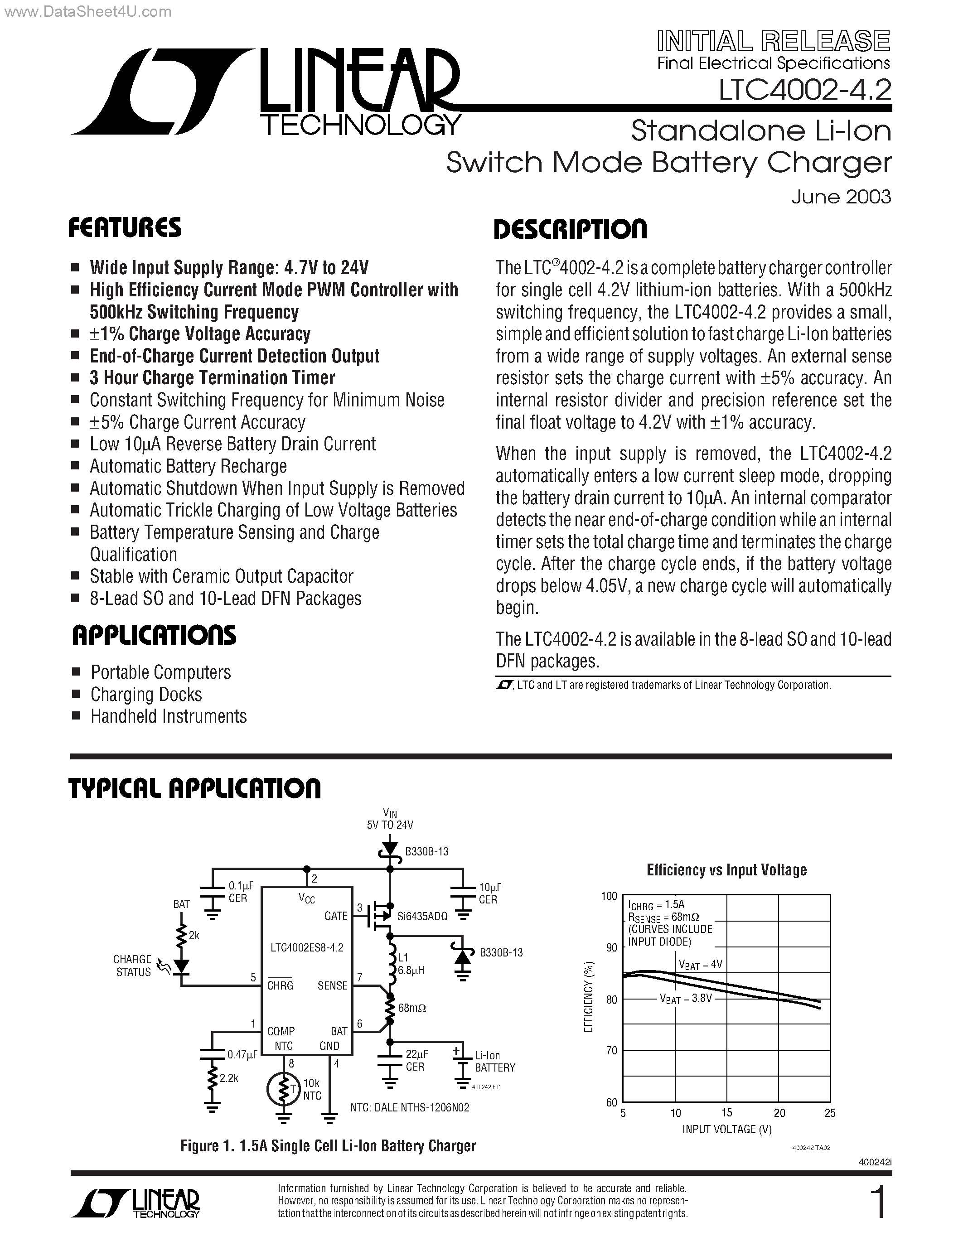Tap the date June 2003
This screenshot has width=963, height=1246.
[x=841, y=197]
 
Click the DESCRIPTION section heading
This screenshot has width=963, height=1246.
[x=570, y=229]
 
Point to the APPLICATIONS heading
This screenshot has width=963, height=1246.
[x=154, y=636]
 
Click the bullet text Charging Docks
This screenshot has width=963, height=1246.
[x=146, y=694]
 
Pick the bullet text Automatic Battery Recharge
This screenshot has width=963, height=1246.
[x=188, y=466]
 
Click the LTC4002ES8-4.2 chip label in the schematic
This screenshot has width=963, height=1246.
[x=307, y=947]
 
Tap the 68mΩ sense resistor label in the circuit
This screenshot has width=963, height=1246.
[x=412, y=1008]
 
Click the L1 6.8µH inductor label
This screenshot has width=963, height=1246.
[x=411, y=964]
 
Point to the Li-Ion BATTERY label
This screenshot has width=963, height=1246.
[x=494, y=1062]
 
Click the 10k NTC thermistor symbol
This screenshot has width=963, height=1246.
[x=282, y=1090]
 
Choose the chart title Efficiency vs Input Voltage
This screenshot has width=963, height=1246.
[x=726, y=870]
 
